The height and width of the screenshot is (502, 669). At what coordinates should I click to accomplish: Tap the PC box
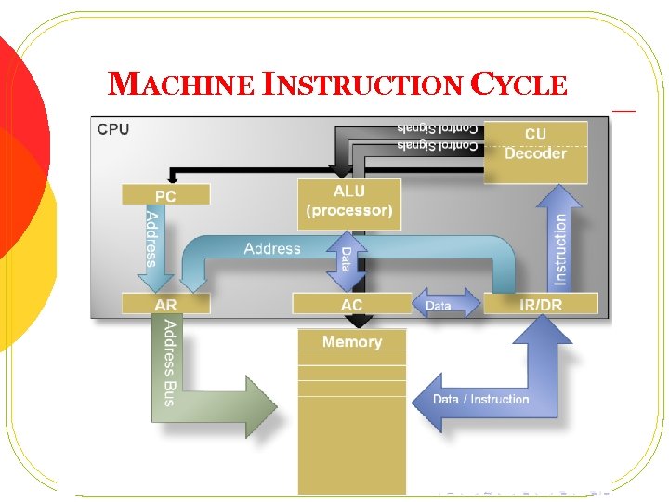pyautogui.click(x=165, y=195)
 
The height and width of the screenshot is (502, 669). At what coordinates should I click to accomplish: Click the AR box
pyautogui.click(x=165, y=304)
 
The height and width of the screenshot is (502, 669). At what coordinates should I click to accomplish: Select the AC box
pyautogui.click(x=351, y=304)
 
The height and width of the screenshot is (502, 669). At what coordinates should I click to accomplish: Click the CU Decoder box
pyautogui.click(x=535, y=145)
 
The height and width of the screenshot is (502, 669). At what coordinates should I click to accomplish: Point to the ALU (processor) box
pyautogui.click(x=349, y=202)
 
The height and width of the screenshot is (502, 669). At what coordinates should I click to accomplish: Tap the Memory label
pyautogui.click(x=351, y=342)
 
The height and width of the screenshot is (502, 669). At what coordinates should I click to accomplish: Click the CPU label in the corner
pyautogui.click(x=113, y=129)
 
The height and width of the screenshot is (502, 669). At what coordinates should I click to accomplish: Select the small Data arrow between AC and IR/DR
pyautogui.click(x=439, y=305)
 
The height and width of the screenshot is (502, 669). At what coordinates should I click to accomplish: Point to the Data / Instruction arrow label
pyautogui.click(x=480, y=399)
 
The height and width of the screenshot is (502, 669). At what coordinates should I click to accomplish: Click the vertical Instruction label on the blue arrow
pyautogui.click(x=559, y=248)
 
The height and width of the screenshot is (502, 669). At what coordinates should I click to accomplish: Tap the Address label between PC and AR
pyautogui.click(x=151, y=239)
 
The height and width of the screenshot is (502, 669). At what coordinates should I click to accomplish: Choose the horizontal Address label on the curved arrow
pyautogui.click(x=272, y=248)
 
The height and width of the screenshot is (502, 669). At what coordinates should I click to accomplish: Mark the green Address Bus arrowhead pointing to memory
pyautogui.click(x=259, y=405)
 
